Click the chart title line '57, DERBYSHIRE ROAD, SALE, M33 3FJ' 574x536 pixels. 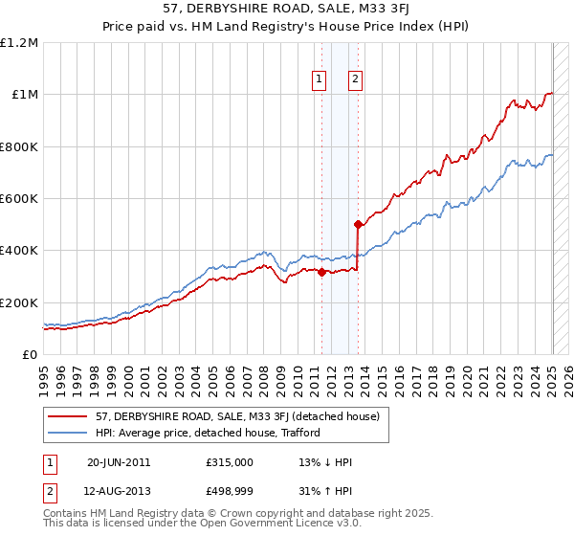click(287, 10)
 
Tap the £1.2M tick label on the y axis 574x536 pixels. click(19, 43)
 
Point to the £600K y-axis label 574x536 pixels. click(19, 199)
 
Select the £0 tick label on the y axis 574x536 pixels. click(30, 355)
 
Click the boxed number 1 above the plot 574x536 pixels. click(319, 80)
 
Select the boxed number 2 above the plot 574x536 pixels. click(355, 80)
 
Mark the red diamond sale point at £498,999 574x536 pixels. click(358, 225)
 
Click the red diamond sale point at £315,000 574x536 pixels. click(321, 273)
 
